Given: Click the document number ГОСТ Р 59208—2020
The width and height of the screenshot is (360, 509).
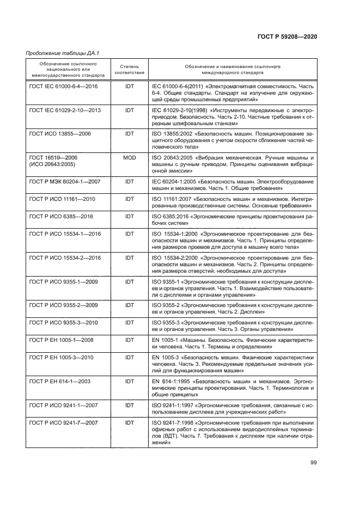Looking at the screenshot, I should pos(286,36).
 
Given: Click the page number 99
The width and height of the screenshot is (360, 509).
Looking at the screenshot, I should pos(313,463).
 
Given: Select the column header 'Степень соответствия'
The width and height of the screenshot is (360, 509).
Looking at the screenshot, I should pos(129,69).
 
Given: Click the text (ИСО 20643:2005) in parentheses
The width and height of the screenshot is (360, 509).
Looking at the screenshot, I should pos(52,162).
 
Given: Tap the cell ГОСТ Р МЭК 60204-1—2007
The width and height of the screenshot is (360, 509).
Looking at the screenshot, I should pos(64,181).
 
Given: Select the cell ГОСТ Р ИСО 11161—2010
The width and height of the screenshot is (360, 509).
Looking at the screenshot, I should pos(62,199).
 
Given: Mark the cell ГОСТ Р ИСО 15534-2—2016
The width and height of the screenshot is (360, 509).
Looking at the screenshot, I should pos(64,257).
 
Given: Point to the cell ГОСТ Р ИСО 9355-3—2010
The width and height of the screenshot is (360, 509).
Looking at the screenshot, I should pos(63,322).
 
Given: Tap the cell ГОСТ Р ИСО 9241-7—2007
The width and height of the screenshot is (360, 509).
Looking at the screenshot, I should pos(63,422).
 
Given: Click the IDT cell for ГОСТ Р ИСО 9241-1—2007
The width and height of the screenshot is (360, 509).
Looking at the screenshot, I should pos(129,405).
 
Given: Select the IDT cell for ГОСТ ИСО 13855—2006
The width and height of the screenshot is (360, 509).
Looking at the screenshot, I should pos(129,133).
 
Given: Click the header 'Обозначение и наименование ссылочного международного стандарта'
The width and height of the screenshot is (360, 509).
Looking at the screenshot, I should pos(232,69).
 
